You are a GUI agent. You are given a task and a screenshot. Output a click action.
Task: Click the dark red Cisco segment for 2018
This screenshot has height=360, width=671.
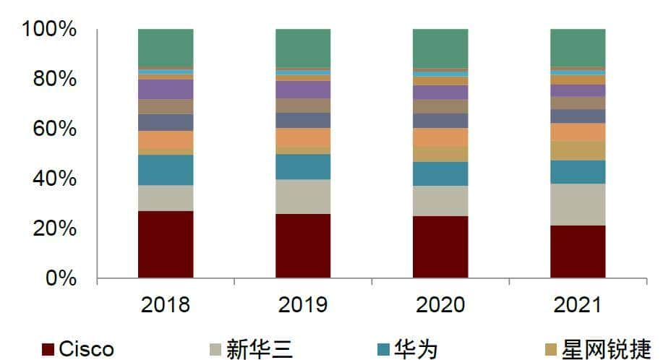pos(166,244)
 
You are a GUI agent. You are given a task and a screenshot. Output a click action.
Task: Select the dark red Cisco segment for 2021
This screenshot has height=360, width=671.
pos(578,252)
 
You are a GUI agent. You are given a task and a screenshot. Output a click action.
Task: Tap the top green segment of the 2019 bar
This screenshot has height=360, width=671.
pos(303,48)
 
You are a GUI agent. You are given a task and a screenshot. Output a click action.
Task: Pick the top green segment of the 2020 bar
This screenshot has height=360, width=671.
pos(440,48)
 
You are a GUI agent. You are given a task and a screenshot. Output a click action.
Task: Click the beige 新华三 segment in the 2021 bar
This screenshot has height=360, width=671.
pos(578,205)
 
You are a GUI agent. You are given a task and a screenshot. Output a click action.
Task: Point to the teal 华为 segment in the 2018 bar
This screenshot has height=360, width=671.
pos(166,170)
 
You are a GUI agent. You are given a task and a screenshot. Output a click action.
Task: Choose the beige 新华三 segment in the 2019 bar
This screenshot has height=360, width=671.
pos(303,197)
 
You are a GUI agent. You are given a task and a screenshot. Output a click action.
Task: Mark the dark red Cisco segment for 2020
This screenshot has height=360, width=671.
pos(440,247)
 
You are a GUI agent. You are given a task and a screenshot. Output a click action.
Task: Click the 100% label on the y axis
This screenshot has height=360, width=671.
pos(49,30)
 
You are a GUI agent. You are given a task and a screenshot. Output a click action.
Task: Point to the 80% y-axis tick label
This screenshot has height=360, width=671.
pos(54,79)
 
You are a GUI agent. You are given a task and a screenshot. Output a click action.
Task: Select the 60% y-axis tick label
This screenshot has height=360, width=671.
pos(54,129)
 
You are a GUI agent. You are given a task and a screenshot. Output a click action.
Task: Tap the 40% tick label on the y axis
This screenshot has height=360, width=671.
pos(54,179)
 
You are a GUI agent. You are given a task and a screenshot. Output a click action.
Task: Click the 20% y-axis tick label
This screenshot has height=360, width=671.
pos(54,228)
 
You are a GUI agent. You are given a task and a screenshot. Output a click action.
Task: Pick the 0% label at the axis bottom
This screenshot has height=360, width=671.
pos(61,278)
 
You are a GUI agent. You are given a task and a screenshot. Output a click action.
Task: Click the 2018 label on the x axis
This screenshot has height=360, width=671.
pos(166,304)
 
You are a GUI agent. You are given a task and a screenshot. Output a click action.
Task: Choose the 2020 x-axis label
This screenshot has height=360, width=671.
pos(440,304)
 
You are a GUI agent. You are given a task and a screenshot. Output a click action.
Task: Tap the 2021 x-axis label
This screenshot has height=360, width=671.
pos(578,304)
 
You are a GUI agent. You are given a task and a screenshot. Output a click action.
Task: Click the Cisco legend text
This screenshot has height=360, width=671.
pos(86,350)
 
